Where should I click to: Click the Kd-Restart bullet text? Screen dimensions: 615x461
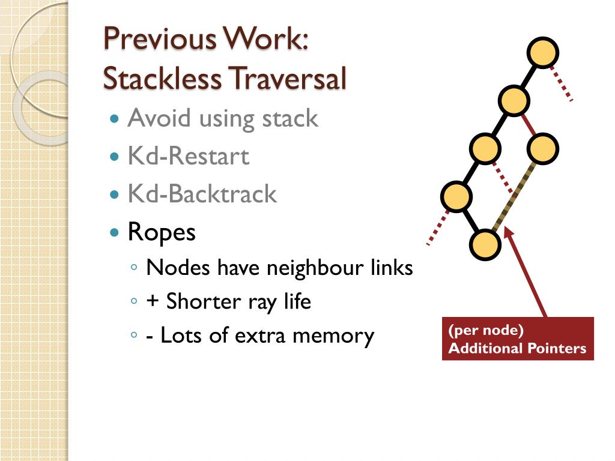(188, 157)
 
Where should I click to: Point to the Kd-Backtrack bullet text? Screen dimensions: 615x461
(202, 194)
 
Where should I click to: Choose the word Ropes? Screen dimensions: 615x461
(162, 232)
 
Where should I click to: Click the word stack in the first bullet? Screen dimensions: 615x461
(289, 118)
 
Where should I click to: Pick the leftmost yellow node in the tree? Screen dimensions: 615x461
(456, 196)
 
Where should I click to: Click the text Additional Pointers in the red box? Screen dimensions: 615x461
(517, 348)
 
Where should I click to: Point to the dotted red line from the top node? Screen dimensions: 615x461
(562, 84)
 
